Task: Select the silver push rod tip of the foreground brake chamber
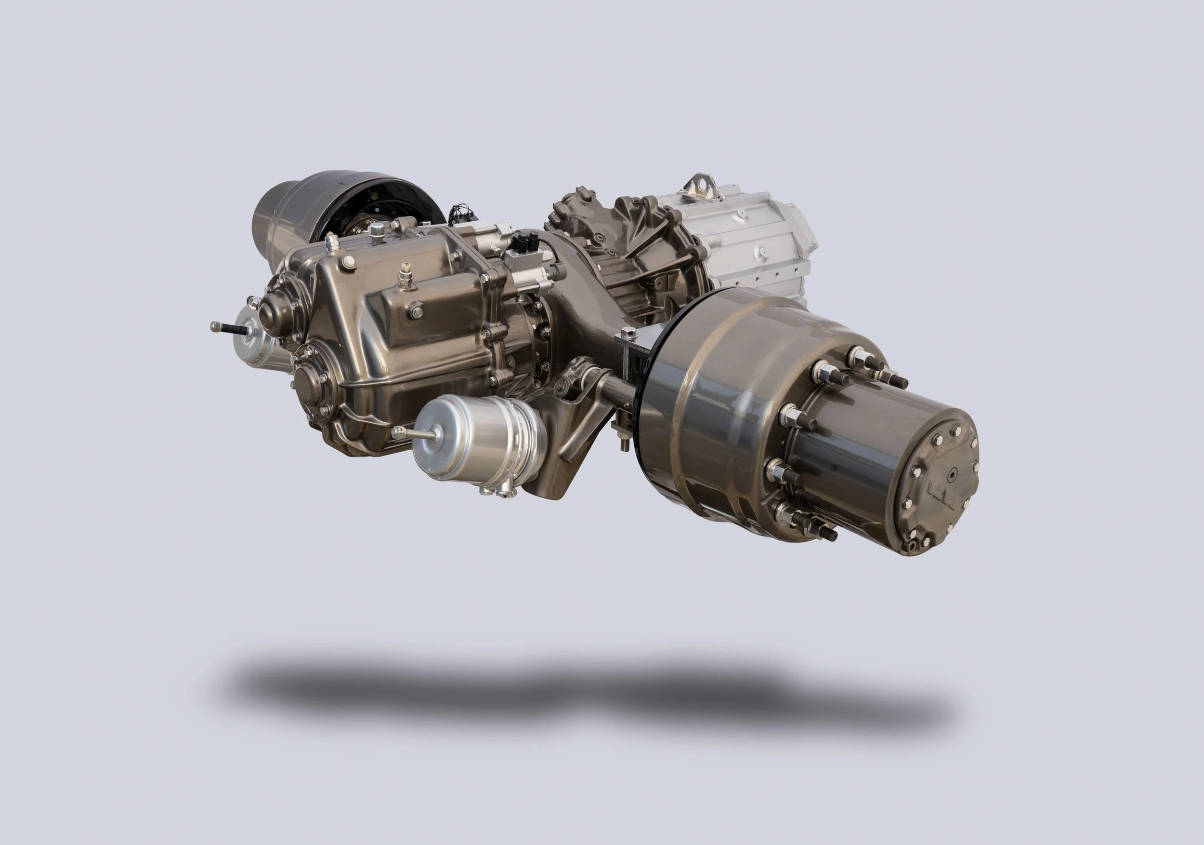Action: pos(399,432)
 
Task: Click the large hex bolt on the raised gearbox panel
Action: pos(417,312)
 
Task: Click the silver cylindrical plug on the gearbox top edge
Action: pos(332,242)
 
